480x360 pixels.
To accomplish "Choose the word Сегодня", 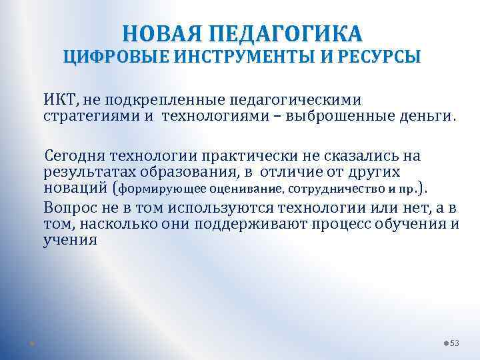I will click(75, 157).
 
